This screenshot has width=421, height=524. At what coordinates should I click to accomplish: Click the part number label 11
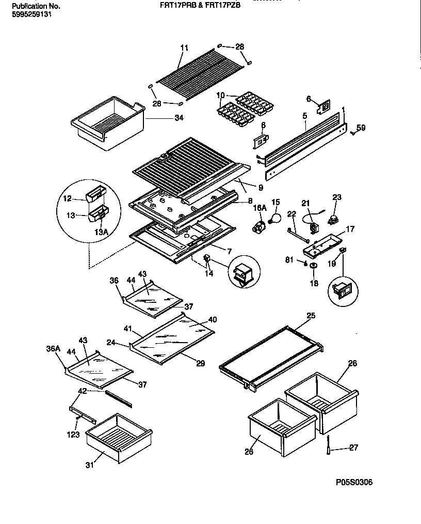click(x=184, y=48)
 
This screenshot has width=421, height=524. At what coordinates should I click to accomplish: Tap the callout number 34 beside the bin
click(x=179, y=118)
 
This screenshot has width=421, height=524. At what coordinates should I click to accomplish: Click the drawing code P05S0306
click(x=353, y=483)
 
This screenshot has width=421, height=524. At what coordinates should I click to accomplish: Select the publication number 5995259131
click(x=31, y=14)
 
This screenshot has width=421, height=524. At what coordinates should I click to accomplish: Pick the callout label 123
click(x=73, y=435)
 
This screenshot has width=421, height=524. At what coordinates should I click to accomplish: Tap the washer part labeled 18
click(x=313, y=266)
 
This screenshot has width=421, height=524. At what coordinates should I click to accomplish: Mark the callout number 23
click(x=336, y=197)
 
